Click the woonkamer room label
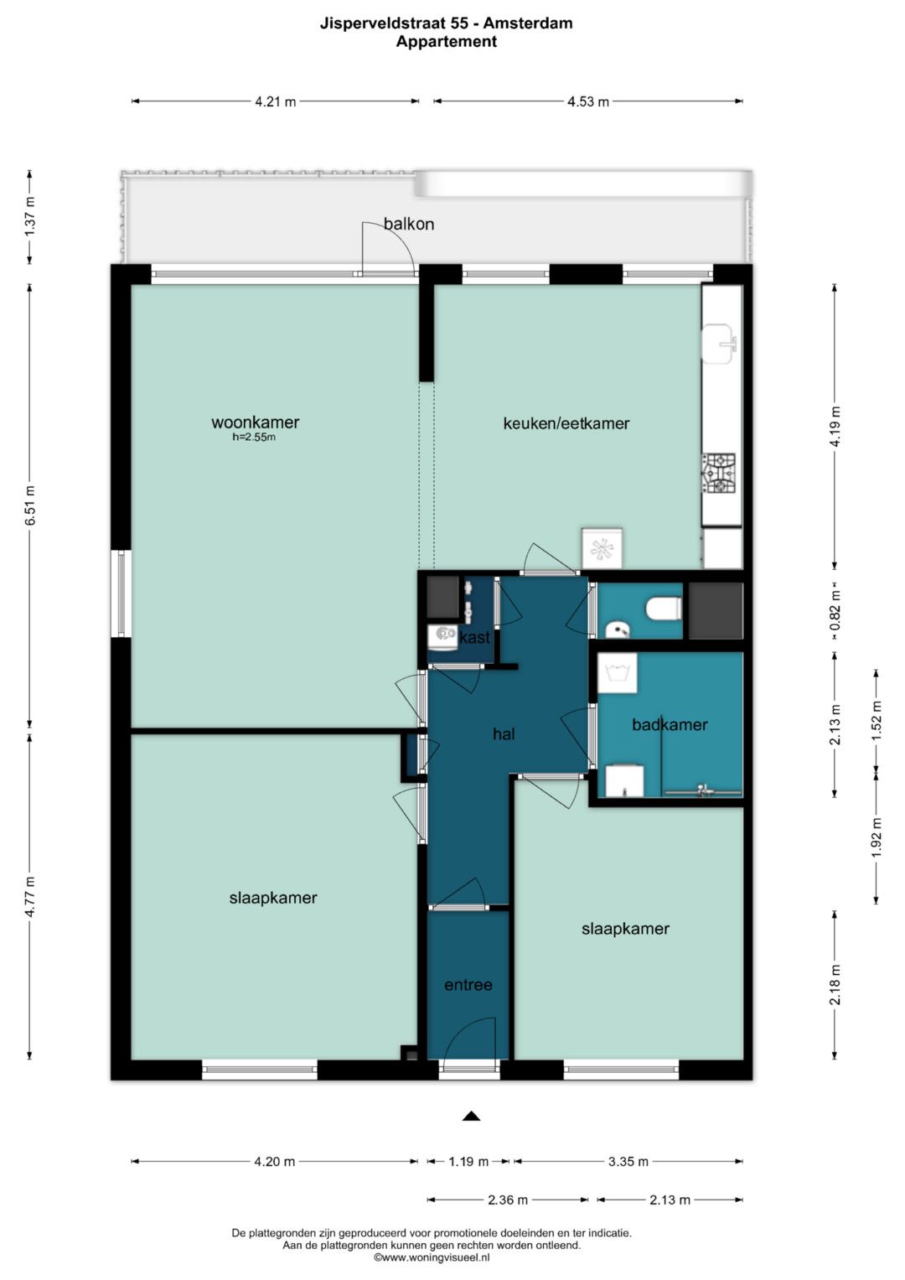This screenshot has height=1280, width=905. pyautogui.click(x=255, y=422)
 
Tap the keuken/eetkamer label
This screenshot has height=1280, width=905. pyautogui.click(x=566, y=423)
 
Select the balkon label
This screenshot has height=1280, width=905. pyautogui.click(x=409, y=224)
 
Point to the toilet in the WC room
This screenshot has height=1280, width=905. pyautogui.click(x=664, y=608)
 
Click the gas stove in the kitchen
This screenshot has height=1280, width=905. pyautogui.click(x=719, y=473)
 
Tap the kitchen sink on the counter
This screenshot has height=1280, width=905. pyautogui.click(x=719, y=344)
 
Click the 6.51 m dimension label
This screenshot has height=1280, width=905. pyautogui.click(x=30, y=505)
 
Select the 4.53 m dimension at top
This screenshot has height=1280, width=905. pyautogui.click(x=588, y=101)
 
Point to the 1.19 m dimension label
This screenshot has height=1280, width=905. pyautogui.click(x=468, y=1161)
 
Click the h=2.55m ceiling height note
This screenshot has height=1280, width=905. pyautogui.click(x=254, y=437)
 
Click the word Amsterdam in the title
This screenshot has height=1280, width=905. pyautogui.click(x=528, y=23)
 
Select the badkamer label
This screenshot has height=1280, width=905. pyautogui.click(x=670, y=724)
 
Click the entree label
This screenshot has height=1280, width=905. pyautogui.click(x=468, y=985)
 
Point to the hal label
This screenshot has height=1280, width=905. pyautogui.click(x=504, y=733)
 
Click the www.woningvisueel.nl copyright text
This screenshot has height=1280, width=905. pyautogui.click(x=432, y=1257)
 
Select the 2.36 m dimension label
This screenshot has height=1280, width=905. pyautogui.click(x=507, y=1200)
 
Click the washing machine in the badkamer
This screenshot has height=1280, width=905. pyautogui.click(x=617, y=673)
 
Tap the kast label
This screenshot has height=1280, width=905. pyautogui.click(x=474, y=637)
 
